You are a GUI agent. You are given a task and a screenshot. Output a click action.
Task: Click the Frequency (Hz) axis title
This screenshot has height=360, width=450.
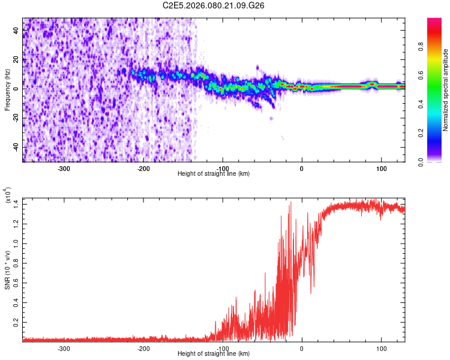[7, 89]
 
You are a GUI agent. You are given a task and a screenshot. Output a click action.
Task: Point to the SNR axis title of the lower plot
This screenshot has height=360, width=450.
[7, 269]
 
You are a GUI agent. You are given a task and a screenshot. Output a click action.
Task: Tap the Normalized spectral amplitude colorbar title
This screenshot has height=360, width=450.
[446, 90]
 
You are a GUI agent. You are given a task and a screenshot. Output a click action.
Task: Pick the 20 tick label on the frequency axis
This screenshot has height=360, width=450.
[17, 59]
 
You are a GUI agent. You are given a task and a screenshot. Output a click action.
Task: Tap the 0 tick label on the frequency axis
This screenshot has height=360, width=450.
[17, 89]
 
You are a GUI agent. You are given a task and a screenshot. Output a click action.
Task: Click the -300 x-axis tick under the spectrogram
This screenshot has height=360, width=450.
[64, 167]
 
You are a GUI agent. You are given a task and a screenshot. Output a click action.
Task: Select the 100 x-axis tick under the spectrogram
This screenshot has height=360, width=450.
[381, 167]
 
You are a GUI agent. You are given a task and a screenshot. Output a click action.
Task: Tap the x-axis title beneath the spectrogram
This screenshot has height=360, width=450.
[214, 173]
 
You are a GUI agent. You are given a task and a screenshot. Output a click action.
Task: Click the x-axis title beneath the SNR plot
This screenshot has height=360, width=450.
[214, 354]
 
